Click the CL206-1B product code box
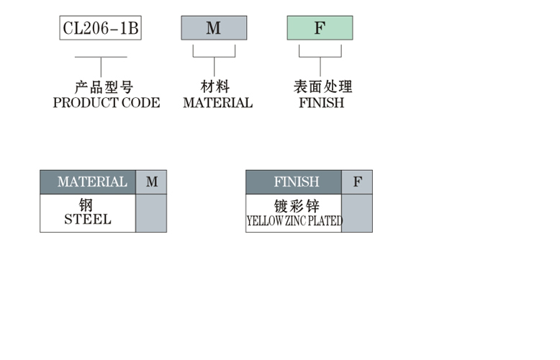coord(100,28)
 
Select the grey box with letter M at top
coord(214,28)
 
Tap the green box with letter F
coord(320,28)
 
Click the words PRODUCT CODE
coord(107,103)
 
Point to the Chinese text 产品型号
coord(104,87)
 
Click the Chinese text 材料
coord(215,86)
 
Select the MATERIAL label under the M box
coord(218,103)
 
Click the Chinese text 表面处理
coord(323,86)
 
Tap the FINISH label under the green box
coord(322,103)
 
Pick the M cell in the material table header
coord(151,182)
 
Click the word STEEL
coord(88,220)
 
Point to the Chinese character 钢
coord(86,205)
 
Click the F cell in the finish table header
coord(357,182)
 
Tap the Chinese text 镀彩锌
coord(297,206)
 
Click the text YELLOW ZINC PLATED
coord(294,221)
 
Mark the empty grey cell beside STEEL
coord(151,213)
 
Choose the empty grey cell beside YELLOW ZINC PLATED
coord(357,213)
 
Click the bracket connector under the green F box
coord(320,57)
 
